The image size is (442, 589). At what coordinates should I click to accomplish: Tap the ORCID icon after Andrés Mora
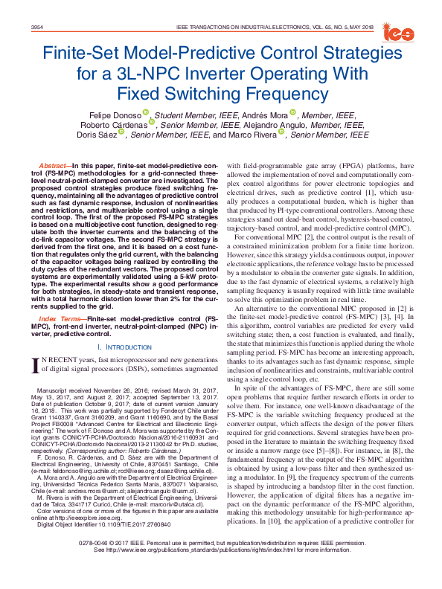(x=293, y=113)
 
